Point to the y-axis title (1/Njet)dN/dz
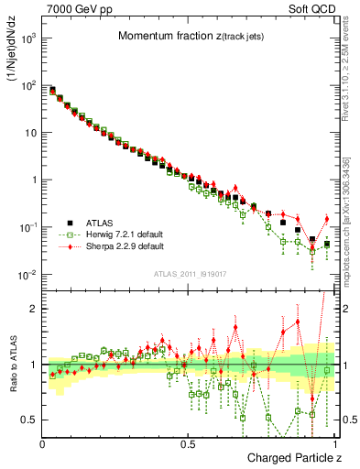pyautogui.click(x=14, y=54)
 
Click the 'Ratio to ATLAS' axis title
pyautogui.click(x=14, y=366)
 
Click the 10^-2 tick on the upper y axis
pyautogui.click(x=27, y=275)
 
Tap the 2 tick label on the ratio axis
pyautogui.click(x=35, y=309)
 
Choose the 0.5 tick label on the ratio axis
pyautogui.click(x=29, y=420)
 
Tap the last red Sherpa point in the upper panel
pyautogui.click(x=327, y=218)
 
